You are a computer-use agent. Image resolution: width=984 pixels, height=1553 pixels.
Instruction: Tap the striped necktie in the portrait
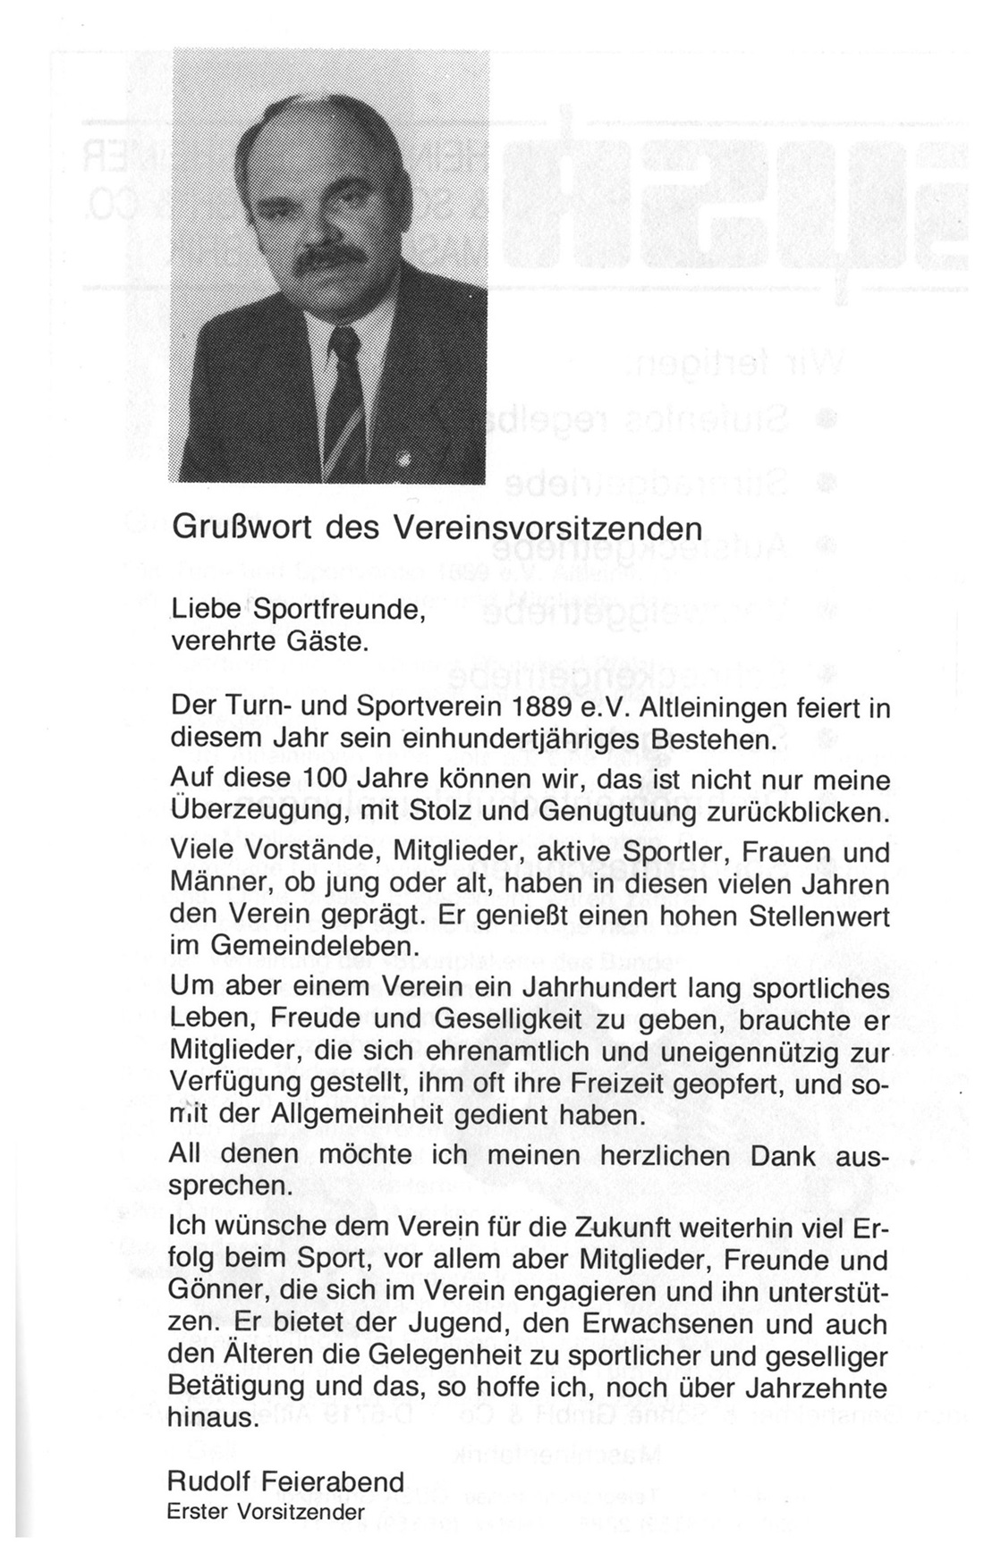coord(345,393)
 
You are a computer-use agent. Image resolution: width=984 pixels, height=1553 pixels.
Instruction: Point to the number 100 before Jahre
coord(331,779)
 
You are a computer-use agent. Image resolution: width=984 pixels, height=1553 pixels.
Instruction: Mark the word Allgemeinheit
coord(349,1118)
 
